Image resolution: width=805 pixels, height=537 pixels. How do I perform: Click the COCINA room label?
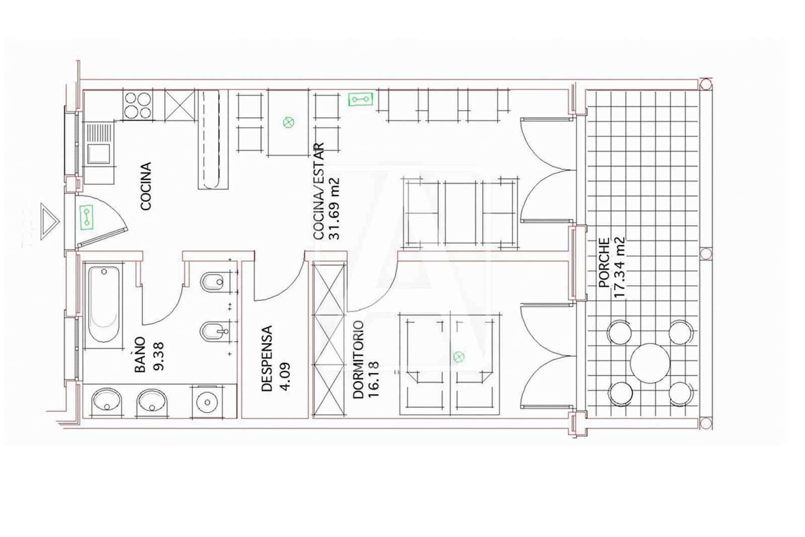(x=145, y=186)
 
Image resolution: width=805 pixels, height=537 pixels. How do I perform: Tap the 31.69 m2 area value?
(x=334, y=209)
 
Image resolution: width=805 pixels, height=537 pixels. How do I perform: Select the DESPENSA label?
(x=267, y=359)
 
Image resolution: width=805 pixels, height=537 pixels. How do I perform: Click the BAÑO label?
(x=140, y=355)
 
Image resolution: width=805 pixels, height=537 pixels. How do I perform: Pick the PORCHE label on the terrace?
(x=604, y=262)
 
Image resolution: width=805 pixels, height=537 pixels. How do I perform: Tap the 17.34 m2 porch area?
(x=619, y=267)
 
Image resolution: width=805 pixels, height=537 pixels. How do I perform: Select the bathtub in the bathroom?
(x=104, y=304)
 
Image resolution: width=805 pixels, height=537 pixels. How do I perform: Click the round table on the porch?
(x=650, y=363)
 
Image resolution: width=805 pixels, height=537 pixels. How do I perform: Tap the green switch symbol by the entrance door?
(x=87, y=217)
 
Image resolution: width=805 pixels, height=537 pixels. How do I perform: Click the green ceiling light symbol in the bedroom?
(x=458, y=357)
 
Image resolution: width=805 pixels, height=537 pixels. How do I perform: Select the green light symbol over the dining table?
(x=288, y=122)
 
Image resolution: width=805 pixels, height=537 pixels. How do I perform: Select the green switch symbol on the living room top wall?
(x=360, y=99)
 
